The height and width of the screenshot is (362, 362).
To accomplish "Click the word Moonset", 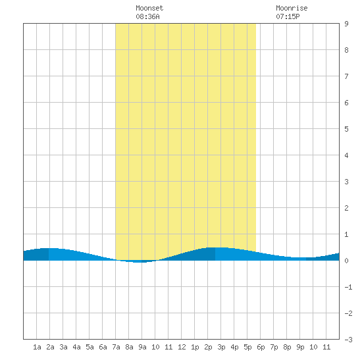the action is pyautogui.click(x=149, y=8).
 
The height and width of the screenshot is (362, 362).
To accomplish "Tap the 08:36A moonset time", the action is pyautogui.click(x=147, y=16).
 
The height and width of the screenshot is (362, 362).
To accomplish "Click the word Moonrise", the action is pyautogui.click(x=292, y=8).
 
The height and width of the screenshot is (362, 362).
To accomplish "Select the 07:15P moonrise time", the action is pyautogui.click(x=288, y=16).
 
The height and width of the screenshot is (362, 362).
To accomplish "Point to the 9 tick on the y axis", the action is pyautogui.click(x=346, y=24).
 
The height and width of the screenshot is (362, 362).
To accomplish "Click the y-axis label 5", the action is pyautogui.click(x=346, y=129).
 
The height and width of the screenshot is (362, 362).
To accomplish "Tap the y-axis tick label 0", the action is pyautogui.click(x=346, y=261).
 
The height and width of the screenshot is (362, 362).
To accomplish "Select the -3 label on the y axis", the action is pyautogui.click(x=348, y=340).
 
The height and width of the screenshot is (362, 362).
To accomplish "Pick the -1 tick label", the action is pyautogui.click(x=348, y=287).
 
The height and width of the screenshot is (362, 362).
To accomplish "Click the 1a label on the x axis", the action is pyautogui.click(x=37, y=347).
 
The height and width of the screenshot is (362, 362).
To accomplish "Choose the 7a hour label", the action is pyautogui.click(x=116, y=347).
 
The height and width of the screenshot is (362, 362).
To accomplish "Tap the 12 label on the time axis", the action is pyautogui.click(x=182, y=347).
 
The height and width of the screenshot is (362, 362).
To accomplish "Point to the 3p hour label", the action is pyautogui.click(x=221, y=347).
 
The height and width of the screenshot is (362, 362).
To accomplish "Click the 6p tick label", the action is pyautogui.click(x=261, y=347).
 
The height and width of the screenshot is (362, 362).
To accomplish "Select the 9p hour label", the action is pyautogui.click(x=300, y=347).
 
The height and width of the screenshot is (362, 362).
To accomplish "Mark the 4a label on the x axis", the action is pyautogui.click(x=76, y=347).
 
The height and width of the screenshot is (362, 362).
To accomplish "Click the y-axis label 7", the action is pyautogui.click(x=346, y=76).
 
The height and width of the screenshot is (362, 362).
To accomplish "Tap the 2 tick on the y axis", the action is pyautogui.click(x=346, y=208).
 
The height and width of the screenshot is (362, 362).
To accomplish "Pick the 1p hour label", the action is pyautogui.click(x=195, y=347).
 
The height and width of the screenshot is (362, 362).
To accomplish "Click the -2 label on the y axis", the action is pyautogui.click(x=348, y=313).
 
